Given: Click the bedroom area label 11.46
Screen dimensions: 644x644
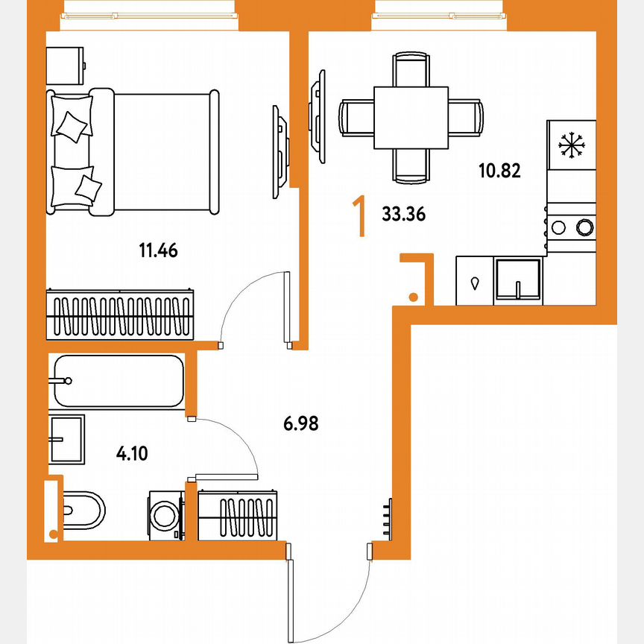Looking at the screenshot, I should [157, 250].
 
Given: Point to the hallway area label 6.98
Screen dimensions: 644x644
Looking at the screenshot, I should [300, 424].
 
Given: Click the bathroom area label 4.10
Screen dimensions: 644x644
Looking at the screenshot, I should [132, 452].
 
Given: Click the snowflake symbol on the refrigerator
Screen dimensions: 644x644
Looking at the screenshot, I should [571, 145].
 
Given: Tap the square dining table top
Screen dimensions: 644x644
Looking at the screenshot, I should [411, 118].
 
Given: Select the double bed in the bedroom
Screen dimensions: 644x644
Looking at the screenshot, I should [134, 151].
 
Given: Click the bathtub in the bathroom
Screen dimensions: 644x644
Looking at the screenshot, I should [118, 381].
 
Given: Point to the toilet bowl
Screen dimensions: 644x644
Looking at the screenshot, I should [81, 511].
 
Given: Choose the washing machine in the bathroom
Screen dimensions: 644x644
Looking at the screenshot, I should [165, 514].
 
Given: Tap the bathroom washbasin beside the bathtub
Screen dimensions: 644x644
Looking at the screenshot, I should [67, 440].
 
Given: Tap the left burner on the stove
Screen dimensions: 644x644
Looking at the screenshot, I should [559, 226].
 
